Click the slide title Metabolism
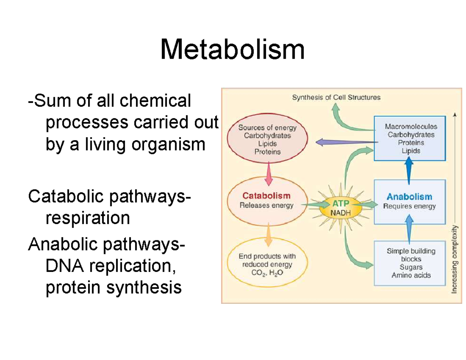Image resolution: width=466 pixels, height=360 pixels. click(232, 50)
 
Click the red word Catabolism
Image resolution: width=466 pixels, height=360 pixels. click(266, 196)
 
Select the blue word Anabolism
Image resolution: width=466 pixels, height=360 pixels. click(409, 197)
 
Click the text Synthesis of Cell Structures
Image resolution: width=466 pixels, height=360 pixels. click(336, 97)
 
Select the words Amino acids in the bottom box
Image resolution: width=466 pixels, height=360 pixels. click(411, 275)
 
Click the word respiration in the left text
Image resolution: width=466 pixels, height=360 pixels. click(88, 218)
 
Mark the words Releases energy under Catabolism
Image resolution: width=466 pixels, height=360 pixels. click(266, 205)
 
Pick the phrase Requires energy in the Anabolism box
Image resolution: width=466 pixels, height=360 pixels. click(409, 206)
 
